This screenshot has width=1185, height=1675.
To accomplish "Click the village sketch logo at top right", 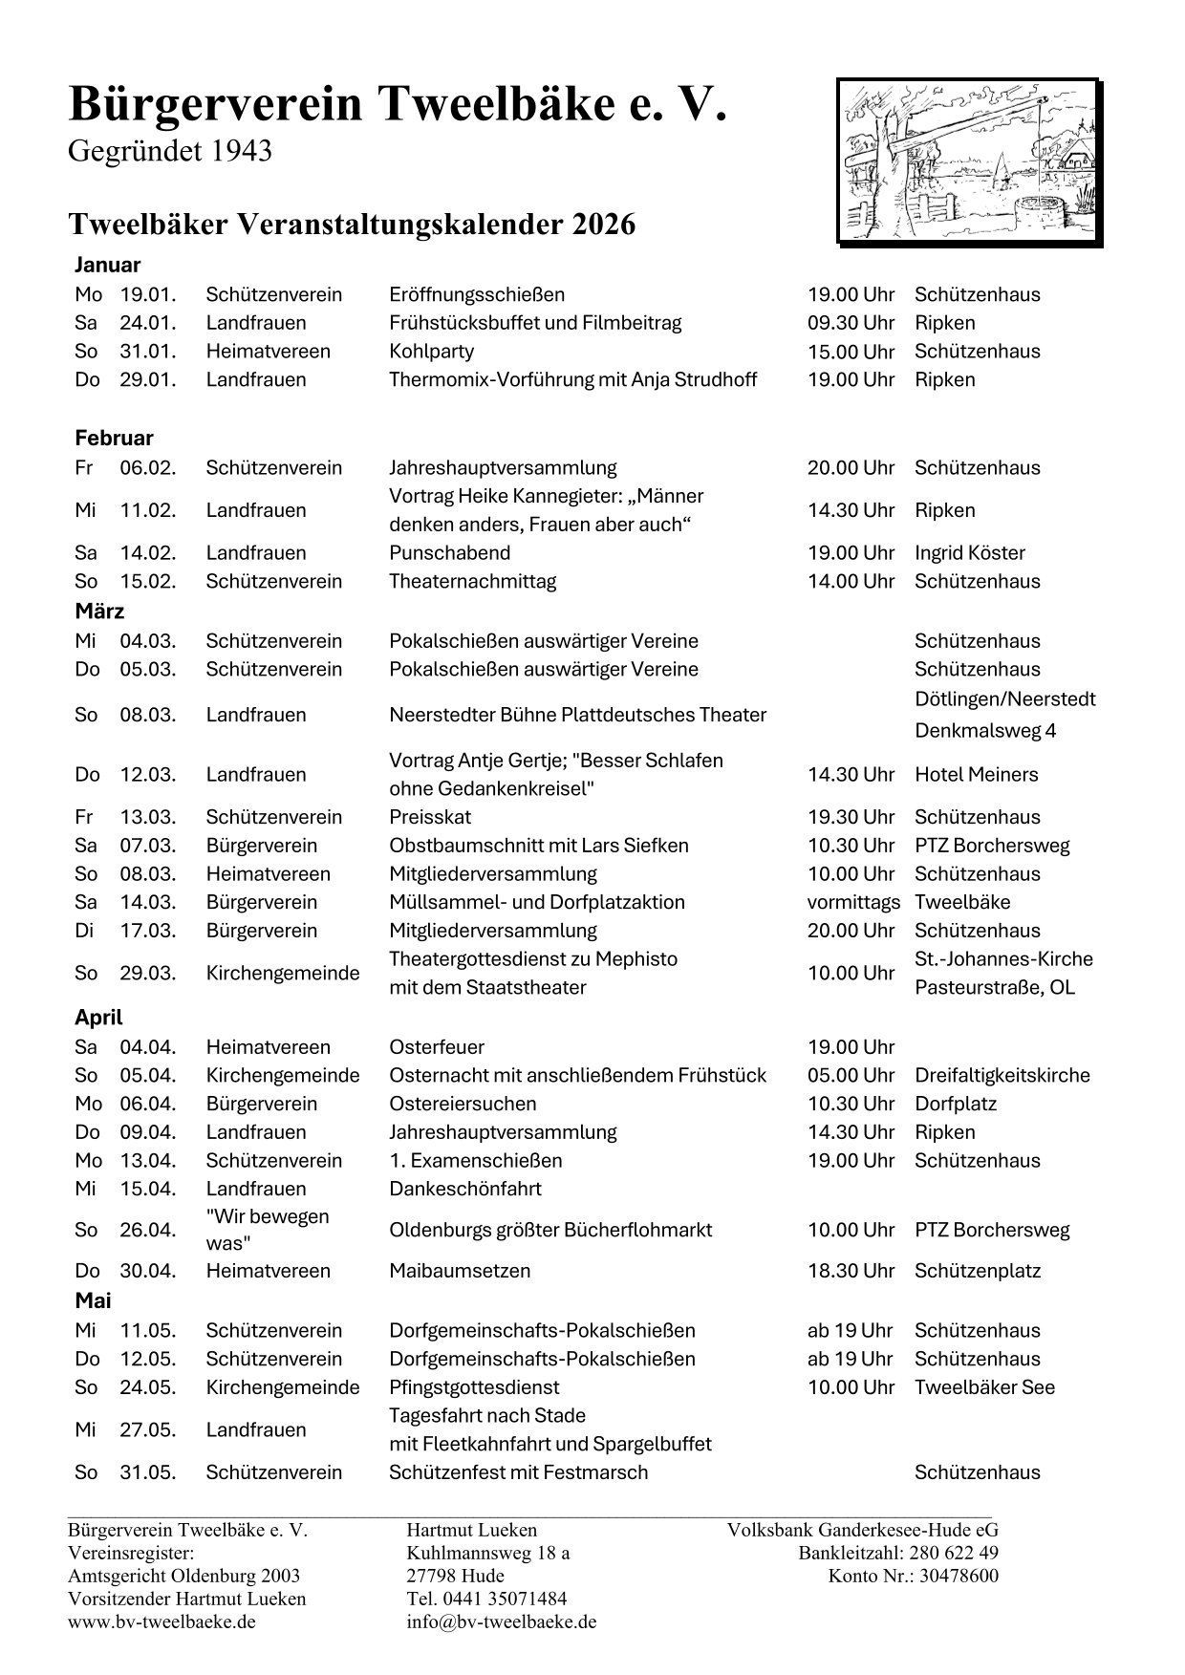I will [x=969, y=161].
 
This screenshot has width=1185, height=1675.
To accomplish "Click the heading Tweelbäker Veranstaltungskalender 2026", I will [x=352, y=225].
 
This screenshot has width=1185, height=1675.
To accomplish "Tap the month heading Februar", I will [x=114, y=439].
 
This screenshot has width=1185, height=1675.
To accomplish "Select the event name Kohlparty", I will [x=431, y=352].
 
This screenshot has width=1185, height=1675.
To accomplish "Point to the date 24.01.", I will [x=148, y=323].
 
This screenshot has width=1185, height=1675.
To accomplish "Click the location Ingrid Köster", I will [x=969, y=553].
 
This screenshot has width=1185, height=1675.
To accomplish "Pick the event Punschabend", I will [x=449, y=553].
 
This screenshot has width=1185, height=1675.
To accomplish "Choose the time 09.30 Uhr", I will [x=851, y=323].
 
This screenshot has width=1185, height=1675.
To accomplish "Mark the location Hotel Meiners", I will [x=976, y=775].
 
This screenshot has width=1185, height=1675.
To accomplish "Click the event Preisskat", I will [x=430, y=818].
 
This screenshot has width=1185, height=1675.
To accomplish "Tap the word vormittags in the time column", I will [x=853, y=903].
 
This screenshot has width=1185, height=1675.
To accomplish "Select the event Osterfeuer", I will [x=436, y=1047].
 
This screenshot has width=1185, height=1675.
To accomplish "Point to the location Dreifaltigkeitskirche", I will [x=1002, y=1076].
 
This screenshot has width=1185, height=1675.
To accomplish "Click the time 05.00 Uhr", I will [x=851, y=1076].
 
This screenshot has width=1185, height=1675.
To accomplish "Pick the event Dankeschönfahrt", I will [x=464, y=1190].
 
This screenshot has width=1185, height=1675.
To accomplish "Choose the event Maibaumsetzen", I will [x=459, y=1272].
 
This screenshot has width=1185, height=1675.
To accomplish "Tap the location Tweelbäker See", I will [x=984, y=1387].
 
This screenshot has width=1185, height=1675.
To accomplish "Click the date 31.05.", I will [x=148, y=1472].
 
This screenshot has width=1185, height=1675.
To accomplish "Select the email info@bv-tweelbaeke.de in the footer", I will [x=501, y=1621].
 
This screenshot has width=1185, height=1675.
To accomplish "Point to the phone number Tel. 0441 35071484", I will [x=486, y=1599].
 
